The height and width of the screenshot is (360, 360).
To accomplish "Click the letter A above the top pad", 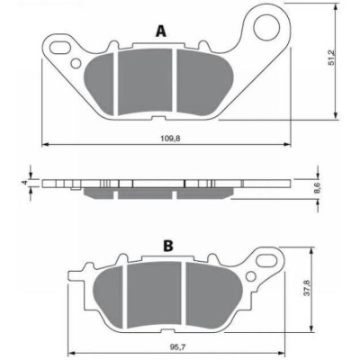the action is [161, 31].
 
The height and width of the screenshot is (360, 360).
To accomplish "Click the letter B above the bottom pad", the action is [168, 246].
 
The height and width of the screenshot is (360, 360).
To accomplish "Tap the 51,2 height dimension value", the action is [331, 58].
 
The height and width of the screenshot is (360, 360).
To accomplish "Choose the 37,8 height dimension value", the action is [307, 289].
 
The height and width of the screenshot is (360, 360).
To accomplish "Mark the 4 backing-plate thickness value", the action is [26, 183].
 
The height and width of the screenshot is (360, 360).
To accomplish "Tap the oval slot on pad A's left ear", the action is [60, 47].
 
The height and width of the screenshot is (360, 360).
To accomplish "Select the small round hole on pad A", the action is [76, 63].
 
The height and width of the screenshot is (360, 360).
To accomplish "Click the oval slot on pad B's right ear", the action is [267, 258].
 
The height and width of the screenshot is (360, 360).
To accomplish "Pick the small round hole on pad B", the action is [250, 276].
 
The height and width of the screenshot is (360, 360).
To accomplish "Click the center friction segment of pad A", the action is [145, 81].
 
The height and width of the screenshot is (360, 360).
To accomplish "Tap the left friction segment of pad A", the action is [100, 84].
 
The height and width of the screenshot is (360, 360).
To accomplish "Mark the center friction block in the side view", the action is [145, 193].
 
